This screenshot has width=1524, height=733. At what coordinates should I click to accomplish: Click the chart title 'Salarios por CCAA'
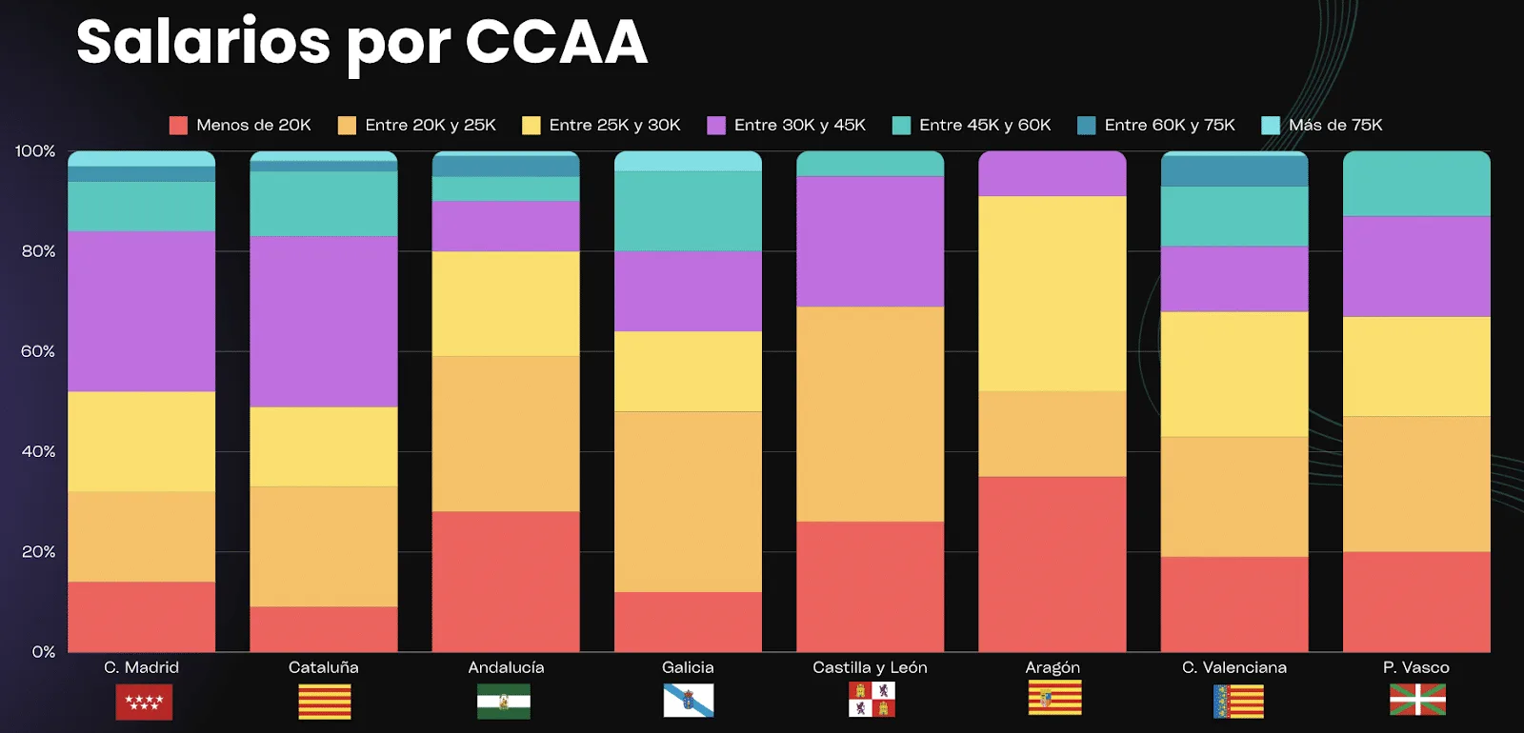tap(361, 43)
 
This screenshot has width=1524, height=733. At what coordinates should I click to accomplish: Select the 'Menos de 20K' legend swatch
tap(178, 126)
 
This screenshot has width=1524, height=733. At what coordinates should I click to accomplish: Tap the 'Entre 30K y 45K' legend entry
tap(787, 126)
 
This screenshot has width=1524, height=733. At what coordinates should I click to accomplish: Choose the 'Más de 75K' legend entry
tap(1322, 126)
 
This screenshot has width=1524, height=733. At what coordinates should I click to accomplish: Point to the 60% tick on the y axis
tap(38, 352)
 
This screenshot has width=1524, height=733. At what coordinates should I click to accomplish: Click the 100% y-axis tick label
tap(35, 151)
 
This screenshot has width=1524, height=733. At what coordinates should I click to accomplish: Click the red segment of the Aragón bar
tap(1053, 564)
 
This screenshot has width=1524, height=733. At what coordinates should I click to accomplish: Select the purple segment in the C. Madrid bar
tap(142, 311)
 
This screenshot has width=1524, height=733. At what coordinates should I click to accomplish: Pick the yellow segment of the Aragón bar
tap(1053, 293)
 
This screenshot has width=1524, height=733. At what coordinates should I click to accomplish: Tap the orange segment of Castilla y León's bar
tap(870, 414)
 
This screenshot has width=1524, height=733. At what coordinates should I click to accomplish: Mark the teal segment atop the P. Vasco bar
tap(1416, 185)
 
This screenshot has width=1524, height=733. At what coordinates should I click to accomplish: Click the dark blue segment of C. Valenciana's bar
tap(1234, 171)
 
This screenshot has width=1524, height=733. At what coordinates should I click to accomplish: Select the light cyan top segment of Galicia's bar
tap(688, 162)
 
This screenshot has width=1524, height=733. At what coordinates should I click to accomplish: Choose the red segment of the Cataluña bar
tap(324, 629)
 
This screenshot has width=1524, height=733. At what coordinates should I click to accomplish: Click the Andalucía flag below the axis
tap(504, 702)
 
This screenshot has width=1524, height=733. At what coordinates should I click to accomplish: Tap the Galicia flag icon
tap(688, 701)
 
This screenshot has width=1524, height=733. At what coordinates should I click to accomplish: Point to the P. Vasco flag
tap(1417, 700)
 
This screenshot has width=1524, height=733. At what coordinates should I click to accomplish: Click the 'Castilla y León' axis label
tap(870, 668)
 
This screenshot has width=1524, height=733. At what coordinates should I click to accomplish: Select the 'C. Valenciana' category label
tap(1234, 668)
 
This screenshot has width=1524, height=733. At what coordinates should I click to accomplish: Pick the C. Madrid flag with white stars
tap(144, 702)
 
